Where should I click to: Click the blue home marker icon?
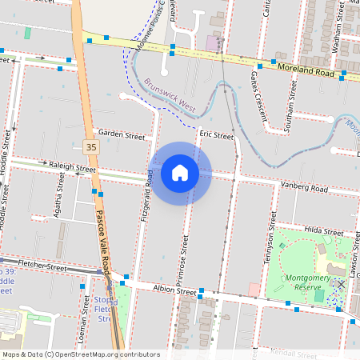click(180, 173)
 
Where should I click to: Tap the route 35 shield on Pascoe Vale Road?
click(91, 146)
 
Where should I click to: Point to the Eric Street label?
click(216, 136)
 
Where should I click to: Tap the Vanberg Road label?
click(305, 188)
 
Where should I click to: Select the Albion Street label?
click(175, 293)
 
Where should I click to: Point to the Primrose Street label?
click(183, 260)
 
